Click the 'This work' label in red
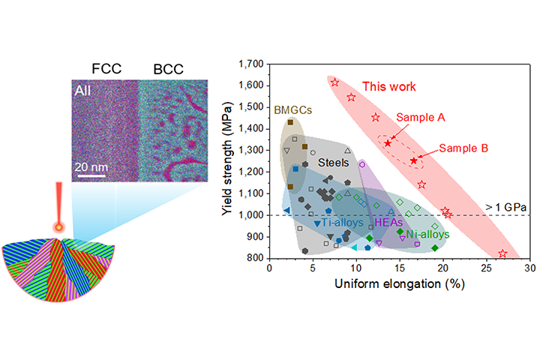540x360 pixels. click(388, 87)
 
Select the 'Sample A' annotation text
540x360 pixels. click(421, 118)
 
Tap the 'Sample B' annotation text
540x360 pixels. click(463, 148)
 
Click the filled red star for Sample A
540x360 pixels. click(388, 142)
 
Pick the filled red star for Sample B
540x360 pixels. click(413, 160)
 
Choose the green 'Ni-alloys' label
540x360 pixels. click(428, 235)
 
